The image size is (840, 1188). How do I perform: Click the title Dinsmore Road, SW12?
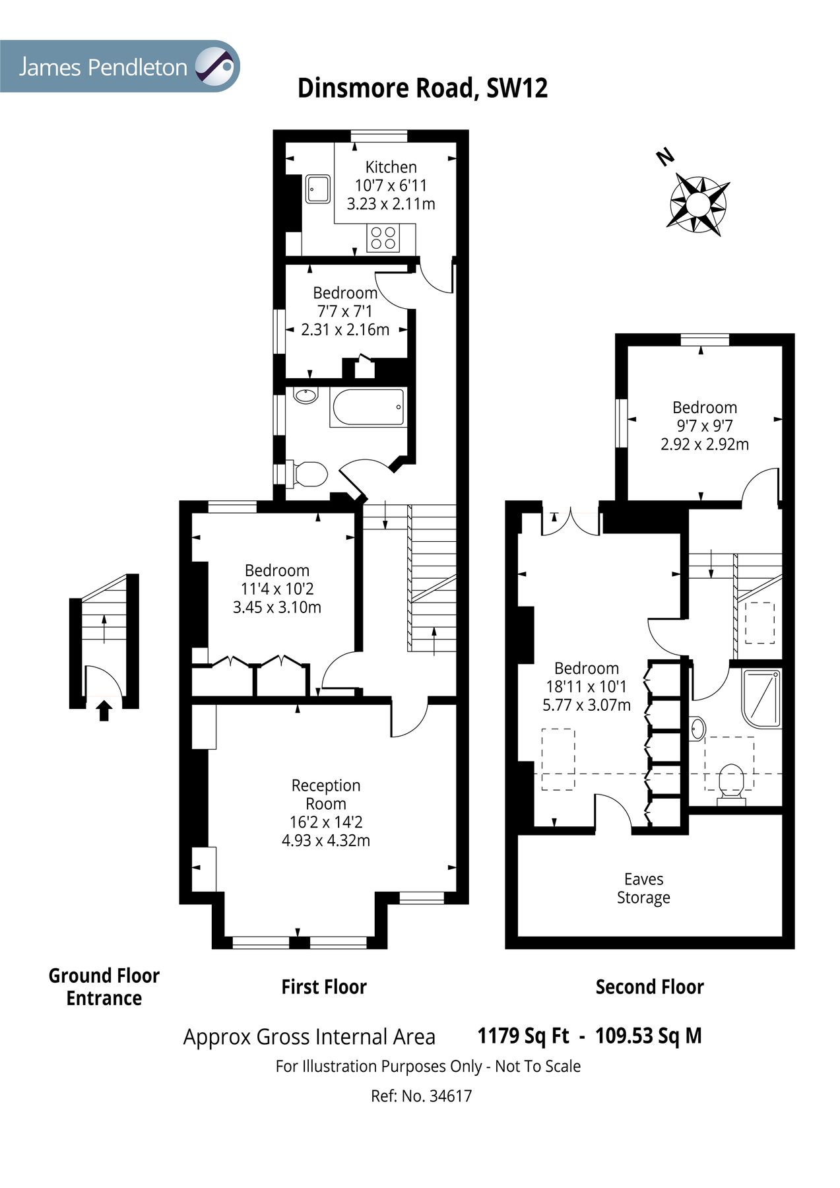click(422, 88)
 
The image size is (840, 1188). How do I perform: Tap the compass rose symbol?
click(699, 205)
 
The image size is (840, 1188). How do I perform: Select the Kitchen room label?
click(391, 167)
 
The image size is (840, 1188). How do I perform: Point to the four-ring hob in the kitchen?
click(384, 238)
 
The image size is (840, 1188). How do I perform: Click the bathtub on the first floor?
click(368, 407)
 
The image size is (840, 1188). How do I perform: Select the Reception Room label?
click(326, 795)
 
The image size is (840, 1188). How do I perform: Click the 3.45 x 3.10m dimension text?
click(276, 607)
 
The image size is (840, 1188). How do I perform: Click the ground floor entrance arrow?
click(104, 711)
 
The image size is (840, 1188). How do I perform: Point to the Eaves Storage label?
click(643, 888)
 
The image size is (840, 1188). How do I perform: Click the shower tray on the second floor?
click(761, 697)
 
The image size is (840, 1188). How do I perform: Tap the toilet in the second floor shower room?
click(730, 781)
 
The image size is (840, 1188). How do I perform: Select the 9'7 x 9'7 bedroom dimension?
click(705, 426)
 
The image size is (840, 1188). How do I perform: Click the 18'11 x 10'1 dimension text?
click(586, 686)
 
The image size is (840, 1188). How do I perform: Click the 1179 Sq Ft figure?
click(523, 1036)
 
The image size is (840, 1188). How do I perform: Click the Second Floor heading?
click(649, 987)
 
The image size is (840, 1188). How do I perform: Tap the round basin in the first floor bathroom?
click(306, 395)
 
